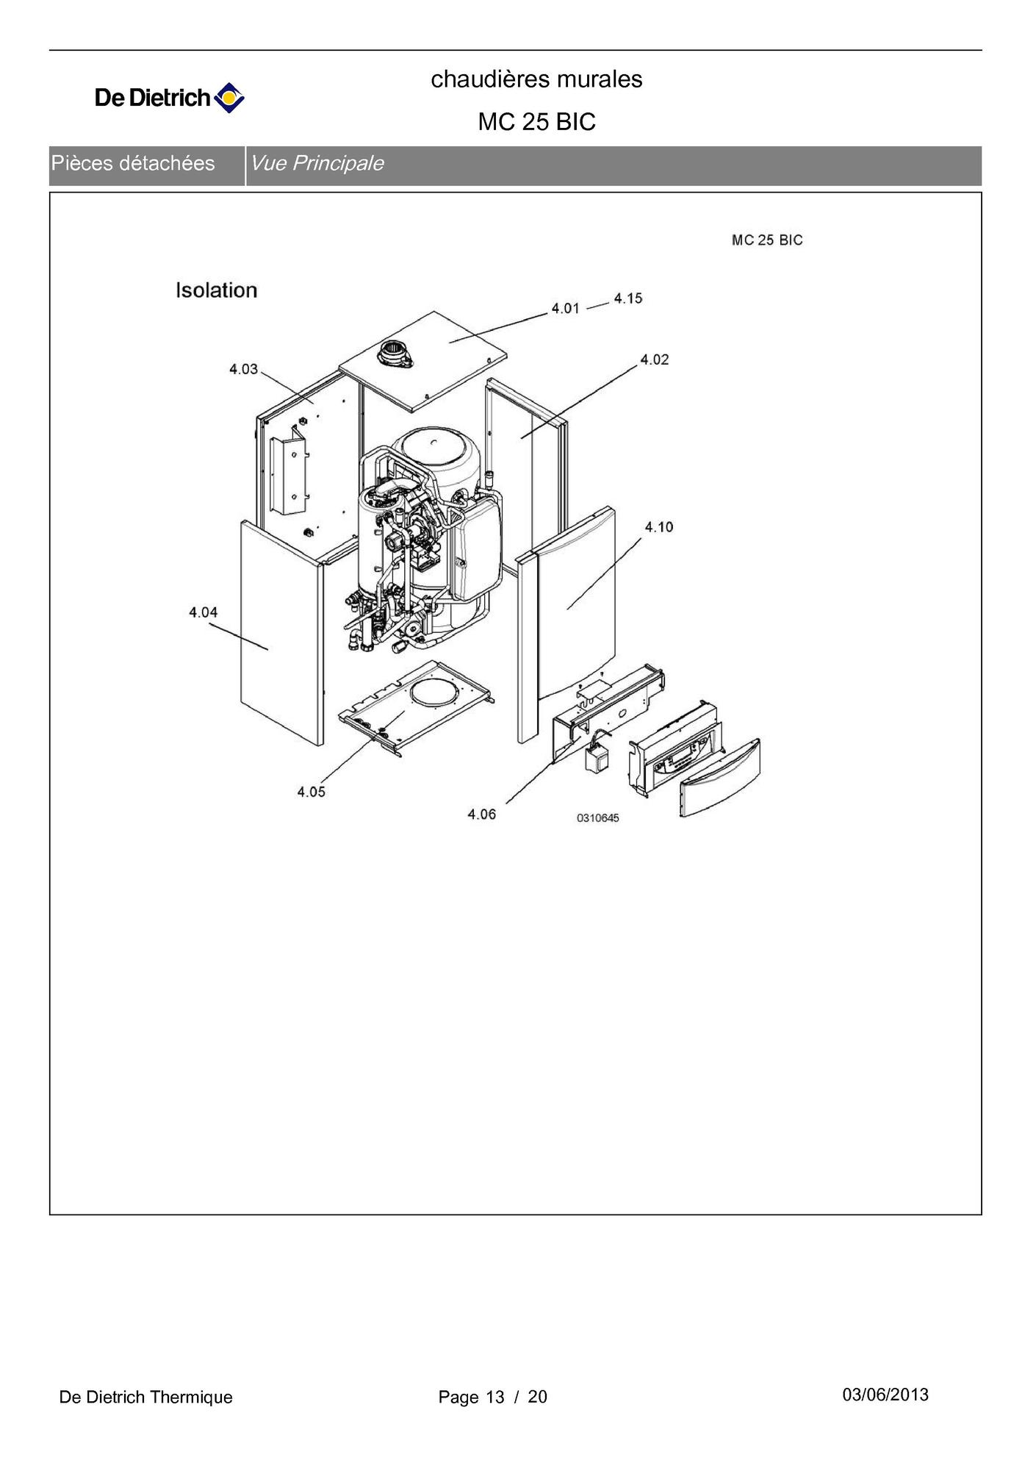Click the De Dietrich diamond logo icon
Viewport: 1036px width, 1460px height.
pyautogui.click(x=229, y=98)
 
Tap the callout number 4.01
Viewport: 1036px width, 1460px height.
pyautogui.click(x=566, y=309)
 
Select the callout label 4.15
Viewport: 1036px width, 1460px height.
pyautogui.click(x=628, y=298)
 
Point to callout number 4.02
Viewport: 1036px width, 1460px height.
pyautogui.click(x=655, y=359)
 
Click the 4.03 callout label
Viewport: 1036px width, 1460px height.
pyautogui.click(x=244, y=369)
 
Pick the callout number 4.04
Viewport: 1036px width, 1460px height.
pyautogui.click(x=204, y=612)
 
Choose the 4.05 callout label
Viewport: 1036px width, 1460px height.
pyautogui.click(x=312, y=792)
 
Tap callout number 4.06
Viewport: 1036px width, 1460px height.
pyautogui.click(x=482, y=815)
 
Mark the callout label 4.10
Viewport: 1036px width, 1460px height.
pyautogui.click(x=659, y=527)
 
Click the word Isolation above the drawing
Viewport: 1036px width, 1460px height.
pyautogui.click(x=217, y=290)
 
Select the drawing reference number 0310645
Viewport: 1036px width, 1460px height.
pyautogui.click(x=598, y=818)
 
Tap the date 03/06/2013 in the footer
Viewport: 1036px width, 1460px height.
pyautogui.click(x=885, y=1395)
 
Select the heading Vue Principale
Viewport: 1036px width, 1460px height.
pyautogui.click(x=317, y=163)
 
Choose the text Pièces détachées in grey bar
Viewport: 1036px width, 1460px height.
pyautogui.click(x=133, y=163)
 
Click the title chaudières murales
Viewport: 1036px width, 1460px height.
pyautogui.click(x=536, y=79)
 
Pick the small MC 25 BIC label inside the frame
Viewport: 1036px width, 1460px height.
pyautogui.click(x=767, y=240)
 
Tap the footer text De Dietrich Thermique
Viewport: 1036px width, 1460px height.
pyautogui.click(x=145, y=1397)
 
